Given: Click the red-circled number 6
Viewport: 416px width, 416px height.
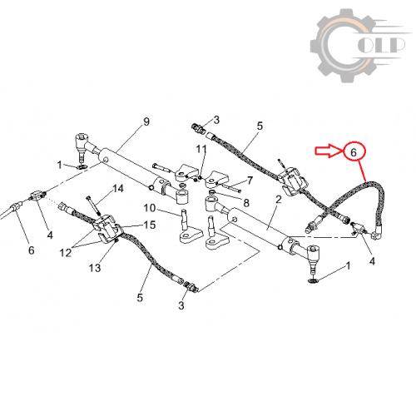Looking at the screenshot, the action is pyautogui.click(x=354, y=152).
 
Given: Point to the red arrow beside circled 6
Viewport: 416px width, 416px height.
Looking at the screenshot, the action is pyautogui.click(x=329, y=151).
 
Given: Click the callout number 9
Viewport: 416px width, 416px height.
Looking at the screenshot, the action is pyautogui.click(x=146, y=121).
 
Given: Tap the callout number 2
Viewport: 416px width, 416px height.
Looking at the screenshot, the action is pyautogui.click(x=278, y=199).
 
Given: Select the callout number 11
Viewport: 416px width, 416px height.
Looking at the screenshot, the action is pyautogui.click(x=201, y=149).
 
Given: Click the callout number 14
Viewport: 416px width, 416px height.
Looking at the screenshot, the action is pyautogui.click(x=118, y=189).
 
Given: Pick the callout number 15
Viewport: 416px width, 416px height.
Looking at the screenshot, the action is pyautogui.click(x=150, y=225).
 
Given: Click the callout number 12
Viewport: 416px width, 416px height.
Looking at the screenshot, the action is pyautogui.click(x=66, y=253).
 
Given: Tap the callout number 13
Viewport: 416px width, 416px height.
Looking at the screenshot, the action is pyautogui.click(x=95, y=268).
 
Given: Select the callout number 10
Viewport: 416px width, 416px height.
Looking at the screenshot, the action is pyautogui.click(x=150, y=208).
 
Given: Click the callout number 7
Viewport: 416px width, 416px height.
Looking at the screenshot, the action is pyautogui.click(x=250, y=181).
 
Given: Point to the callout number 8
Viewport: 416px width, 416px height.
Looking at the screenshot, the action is pyautogui.click(x=246, y=203).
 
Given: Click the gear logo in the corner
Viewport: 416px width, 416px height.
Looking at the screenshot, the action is pyautogui.click(x=359, y=46).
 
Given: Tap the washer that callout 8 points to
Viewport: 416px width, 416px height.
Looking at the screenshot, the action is pyautogui.click(x=211, y=193).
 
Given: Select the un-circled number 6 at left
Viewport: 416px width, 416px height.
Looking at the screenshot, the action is pyautogui.click(x=32, y=250).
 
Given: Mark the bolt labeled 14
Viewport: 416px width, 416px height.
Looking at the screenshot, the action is pyautogui.click(x=93, y=206).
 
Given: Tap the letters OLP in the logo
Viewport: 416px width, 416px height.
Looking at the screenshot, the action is pyautogui.click(x=381, y=45).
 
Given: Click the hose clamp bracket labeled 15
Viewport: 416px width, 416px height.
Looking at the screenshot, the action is pyautogui.click(x=107, y=230).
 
